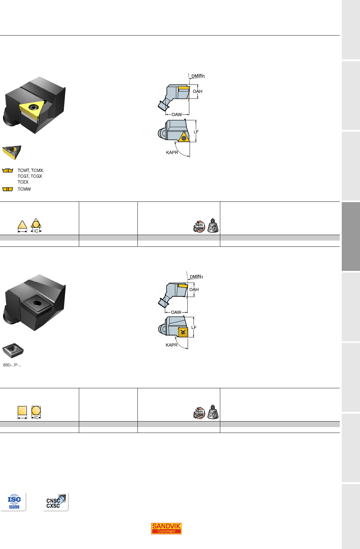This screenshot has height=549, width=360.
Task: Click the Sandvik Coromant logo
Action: [166, 528]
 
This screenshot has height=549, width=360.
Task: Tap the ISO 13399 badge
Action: [14, 502]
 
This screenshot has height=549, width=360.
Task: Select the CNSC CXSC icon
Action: [56, 502]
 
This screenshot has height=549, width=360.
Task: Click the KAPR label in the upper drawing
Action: [172, 153]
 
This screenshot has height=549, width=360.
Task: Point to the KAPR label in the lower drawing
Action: [171, 345]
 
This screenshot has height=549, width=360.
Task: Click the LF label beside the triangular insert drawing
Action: [196, 132]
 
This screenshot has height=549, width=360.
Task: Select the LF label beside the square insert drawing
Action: [194, 327]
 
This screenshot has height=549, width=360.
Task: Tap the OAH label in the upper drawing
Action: [197, 91]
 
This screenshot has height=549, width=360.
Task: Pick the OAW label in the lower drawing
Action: [176, 312]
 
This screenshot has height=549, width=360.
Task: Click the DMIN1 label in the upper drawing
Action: [198, 76]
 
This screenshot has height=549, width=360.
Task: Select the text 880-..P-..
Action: [12, 365]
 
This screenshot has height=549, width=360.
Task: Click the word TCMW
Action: [24, 189]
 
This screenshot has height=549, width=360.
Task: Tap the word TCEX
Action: [23, 182]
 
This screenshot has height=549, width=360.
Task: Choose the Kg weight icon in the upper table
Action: [213, 226]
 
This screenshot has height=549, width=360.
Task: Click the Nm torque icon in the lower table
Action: [199, 413]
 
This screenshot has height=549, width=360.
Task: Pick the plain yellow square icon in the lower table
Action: [22, 410]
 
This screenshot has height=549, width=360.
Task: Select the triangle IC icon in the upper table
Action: [36, 225]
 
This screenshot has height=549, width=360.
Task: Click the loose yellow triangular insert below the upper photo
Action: [12, 152]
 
